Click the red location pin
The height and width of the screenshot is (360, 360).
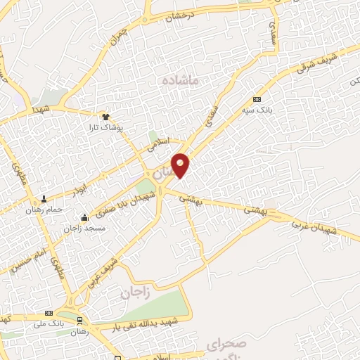(181, 165)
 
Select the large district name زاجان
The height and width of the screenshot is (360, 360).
(135, 292)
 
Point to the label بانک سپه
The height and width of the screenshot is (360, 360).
(259, 110)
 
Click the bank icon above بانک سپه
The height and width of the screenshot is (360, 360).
(257, 99)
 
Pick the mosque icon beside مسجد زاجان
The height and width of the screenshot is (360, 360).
(85, 217)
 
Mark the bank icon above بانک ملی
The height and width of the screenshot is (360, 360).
(49, 313)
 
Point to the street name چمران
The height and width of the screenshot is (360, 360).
(121, 34)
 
